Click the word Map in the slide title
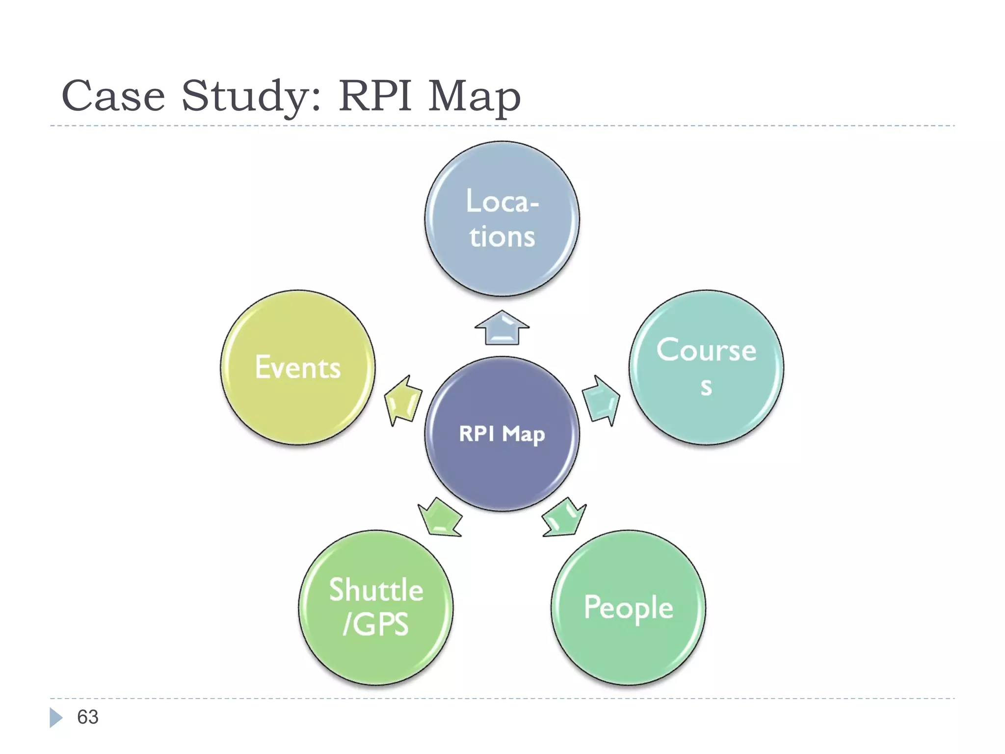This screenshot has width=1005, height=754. (x=474, y=97)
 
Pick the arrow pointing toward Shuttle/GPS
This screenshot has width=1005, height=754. (x=440, y=518)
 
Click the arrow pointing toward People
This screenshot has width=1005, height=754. (x=564, y=518)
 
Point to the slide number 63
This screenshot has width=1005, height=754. (x=88, y=717)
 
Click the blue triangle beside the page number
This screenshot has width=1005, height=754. (x=55, y=717)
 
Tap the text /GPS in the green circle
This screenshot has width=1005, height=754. (x=376, y=624)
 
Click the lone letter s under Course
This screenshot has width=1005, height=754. (x=706, y=387)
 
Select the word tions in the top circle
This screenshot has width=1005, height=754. (x=502, y=237)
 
